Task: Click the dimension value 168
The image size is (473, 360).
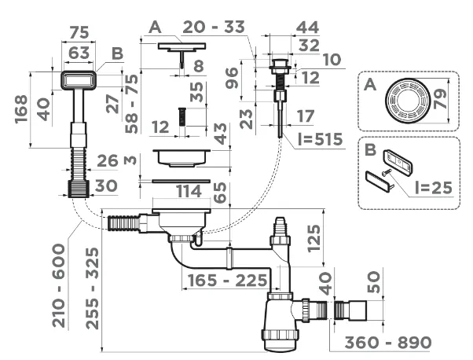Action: point(21,109)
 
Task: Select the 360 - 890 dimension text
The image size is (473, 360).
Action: point(388,342)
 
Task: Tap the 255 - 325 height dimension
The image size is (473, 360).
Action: point(92,288)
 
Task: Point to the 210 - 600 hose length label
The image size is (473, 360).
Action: point(59,286)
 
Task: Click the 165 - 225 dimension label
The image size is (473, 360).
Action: point(227,281)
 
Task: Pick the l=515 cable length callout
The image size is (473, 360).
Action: point(320,139)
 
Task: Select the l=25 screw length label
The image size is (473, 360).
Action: point(434,187)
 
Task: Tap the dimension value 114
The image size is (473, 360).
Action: point(189,191)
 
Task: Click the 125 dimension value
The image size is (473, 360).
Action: point(313,238)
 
